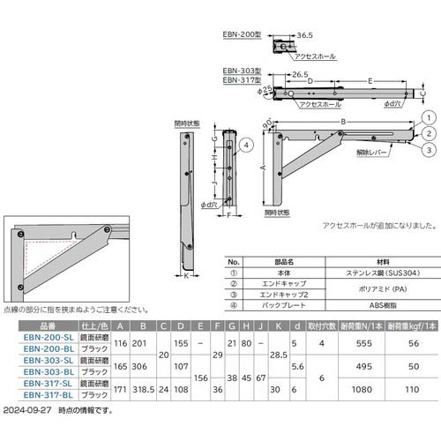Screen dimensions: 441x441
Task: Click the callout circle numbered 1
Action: pos(428,117)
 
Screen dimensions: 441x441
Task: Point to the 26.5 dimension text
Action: pos(301,76)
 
